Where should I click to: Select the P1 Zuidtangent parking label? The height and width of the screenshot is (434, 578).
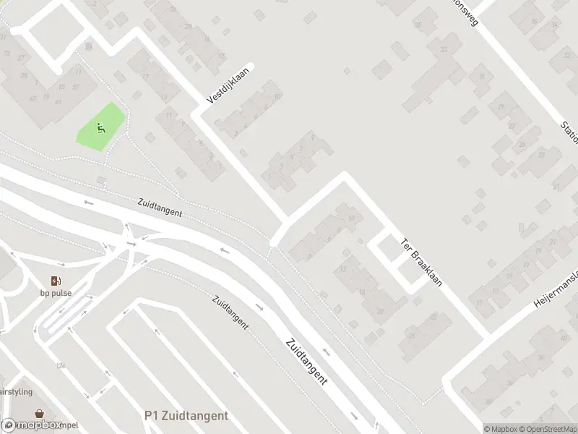[186, 415]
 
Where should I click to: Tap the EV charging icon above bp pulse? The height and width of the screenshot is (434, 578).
[56, 281]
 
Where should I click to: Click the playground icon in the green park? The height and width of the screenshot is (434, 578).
[100, 129]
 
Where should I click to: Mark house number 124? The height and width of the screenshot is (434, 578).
[61, 366]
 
